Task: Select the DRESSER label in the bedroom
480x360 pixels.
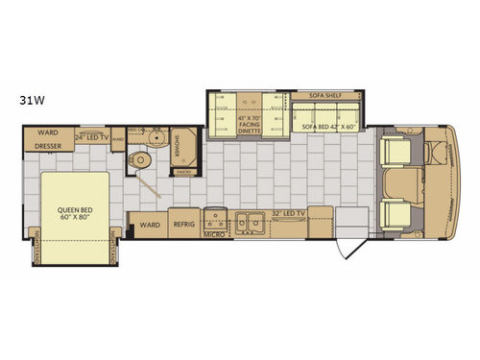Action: tap(50, 149)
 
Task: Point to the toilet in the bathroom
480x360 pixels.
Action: tap(141, 160)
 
